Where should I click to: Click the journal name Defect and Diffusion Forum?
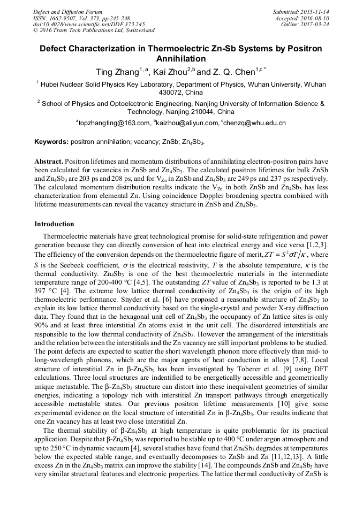[67, 12]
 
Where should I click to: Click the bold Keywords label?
[51, 142]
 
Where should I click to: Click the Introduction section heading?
[54, 224]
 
